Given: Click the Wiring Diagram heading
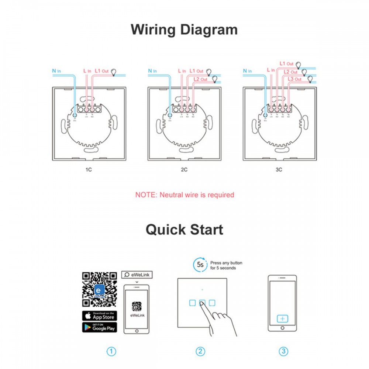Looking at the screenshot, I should tap(184, 30).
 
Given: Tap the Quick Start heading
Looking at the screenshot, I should tap(184, 229).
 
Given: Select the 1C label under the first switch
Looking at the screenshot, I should tap(88, 170).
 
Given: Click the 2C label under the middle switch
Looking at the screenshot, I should tap(184, 170).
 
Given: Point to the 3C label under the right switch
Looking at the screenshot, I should tap(279, 170).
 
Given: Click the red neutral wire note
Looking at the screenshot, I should tap(184, 195).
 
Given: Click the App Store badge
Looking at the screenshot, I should tap(99, 316).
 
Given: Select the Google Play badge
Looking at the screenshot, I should tap(99, 327).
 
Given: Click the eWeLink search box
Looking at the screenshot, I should tap(137, 275).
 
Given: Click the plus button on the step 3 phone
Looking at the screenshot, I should tap(283, 318).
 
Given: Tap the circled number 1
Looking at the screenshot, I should tap(111, 351).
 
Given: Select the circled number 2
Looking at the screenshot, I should tap(200, 351).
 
